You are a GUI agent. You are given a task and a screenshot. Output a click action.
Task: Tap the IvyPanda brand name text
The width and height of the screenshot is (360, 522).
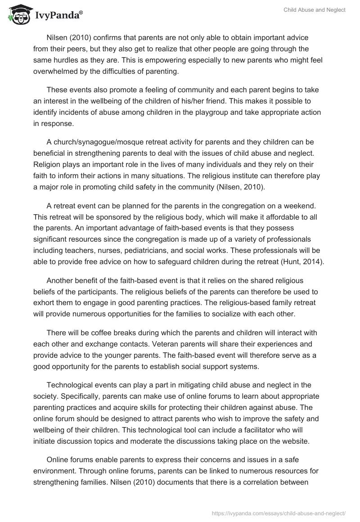pos(58,16)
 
